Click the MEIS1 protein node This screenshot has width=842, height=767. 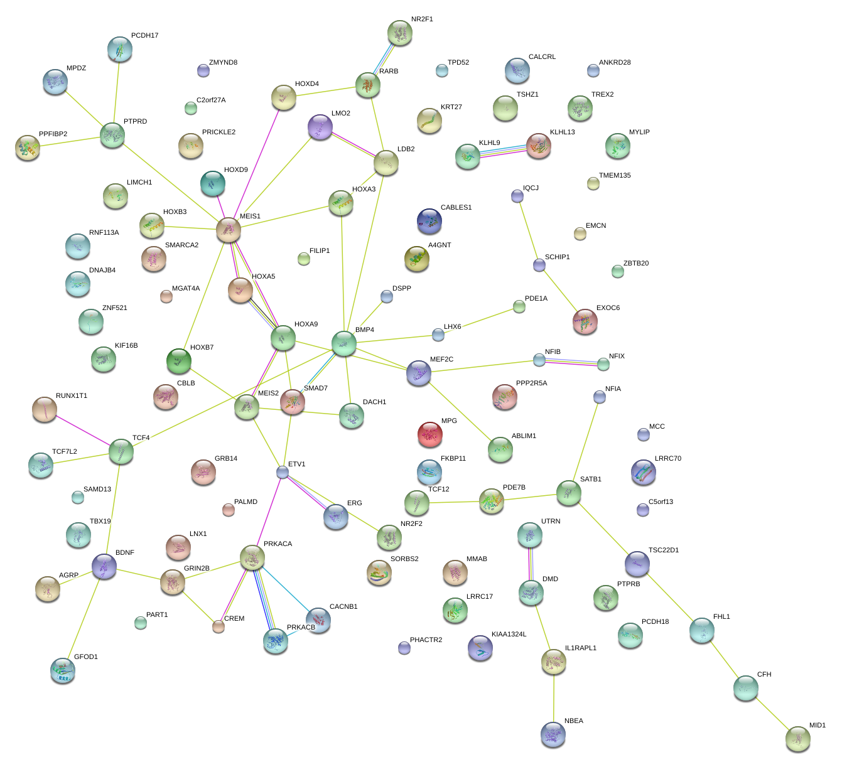click(x=229, y=230)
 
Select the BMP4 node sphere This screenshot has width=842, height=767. click(x=344, y=343)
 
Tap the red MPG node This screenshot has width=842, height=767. click(x=429, y=434)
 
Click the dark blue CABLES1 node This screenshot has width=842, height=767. click(x=429, y=221)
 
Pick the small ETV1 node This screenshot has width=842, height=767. click(x=283, y=472)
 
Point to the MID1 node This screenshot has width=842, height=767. click(x=797, y=739)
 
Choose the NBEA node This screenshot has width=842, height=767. click(x=553, y=734)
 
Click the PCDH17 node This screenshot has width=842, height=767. click(x=120, y=49)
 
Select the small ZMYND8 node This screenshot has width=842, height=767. click(x=203, y=70)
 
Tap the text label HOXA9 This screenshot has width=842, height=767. click(x=306, y=324)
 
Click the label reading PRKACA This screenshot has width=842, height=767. click(x=278, y=544)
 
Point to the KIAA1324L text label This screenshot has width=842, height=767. click(x=509, y=635)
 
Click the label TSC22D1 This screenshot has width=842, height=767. click(x=664, y=550)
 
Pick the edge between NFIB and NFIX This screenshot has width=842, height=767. click(x=571, y=362)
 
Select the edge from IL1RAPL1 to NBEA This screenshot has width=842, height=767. click(x=554, y=697)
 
